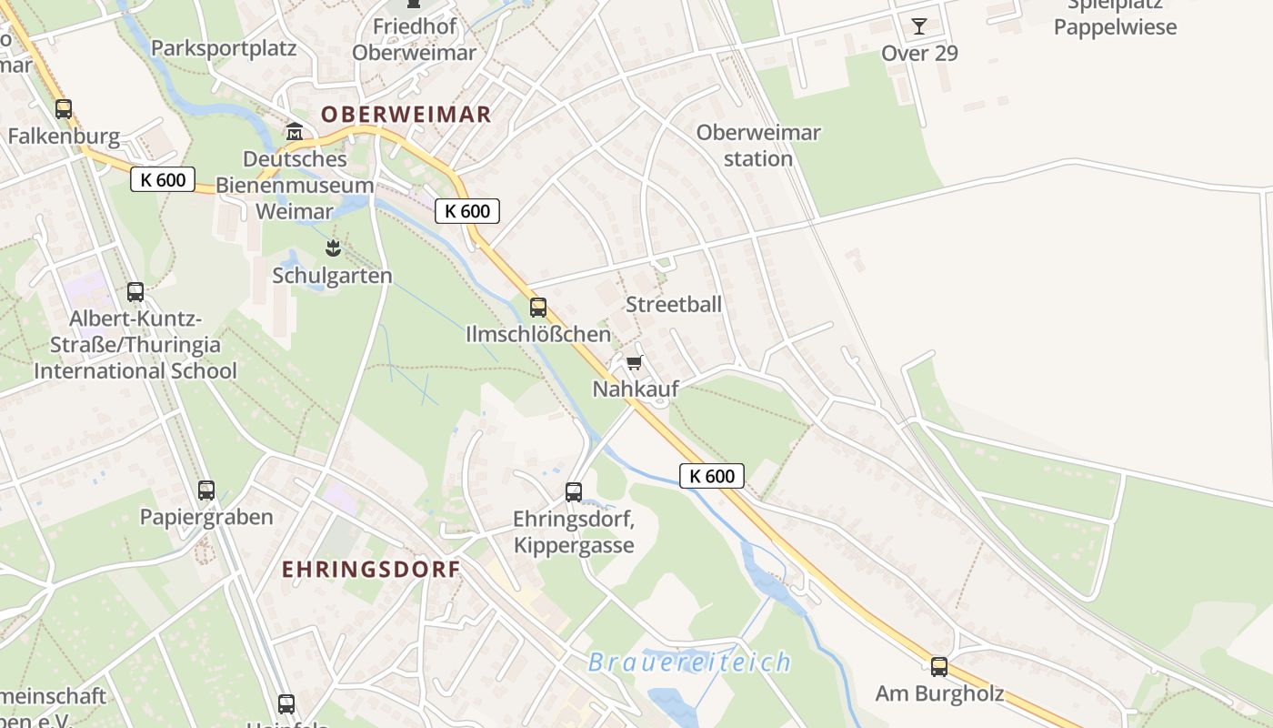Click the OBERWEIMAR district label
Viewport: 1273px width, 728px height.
(406, 114)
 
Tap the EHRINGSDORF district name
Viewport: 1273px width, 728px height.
(370, 569)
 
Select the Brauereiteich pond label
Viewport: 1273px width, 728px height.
(689, 662)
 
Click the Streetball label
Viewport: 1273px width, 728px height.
(674, 304)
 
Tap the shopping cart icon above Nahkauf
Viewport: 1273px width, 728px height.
(635, 363)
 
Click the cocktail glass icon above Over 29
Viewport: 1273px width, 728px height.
(919, 25)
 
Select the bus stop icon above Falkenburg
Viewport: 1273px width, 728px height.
(64, 109)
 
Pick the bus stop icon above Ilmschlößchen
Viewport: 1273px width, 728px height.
(538, 308)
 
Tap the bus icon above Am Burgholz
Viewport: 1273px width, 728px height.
(939, 667)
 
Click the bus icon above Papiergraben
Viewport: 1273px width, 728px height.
(206, 490)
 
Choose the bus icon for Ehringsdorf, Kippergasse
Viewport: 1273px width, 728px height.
(574, 492)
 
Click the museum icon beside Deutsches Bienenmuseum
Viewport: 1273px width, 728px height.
(295, 133)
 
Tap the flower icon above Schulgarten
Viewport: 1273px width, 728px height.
(334, 248)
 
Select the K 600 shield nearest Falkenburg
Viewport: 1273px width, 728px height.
(163, 179)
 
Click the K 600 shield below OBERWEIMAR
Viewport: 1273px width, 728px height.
(467, 211)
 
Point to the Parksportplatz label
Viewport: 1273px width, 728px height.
(224, 48)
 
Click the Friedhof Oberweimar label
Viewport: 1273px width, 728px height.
(414, 40)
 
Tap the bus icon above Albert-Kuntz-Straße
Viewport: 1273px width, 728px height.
(135, 292)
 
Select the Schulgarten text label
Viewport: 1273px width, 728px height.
(333, 275)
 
